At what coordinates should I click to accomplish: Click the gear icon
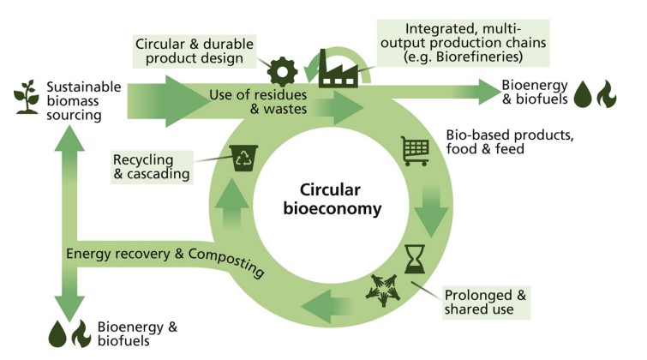point(282,71)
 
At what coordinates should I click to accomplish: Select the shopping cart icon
point(416,151)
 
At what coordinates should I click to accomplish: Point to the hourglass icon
point(415,259)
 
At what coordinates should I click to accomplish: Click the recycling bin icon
point(243,158)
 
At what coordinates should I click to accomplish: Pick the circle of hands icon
point(383,290)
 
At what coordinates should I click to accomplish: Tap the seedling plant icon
point(27,97)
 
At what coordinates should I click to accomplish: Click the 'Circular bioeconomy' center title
point(332,199)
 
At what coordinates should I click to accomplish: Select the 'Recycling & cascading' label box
point(152,167)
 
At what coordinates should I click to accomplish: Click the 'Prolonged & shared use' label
point(485,303)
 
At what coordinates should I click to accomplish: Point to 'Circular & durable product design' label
point(195,51)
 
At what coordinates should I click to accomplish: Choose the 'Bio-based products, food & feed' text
point(510,141)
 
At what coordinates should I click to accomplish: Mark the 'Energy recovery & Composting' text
point(165,258)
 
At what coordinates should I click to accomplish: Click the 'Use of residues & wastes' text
point(258,101)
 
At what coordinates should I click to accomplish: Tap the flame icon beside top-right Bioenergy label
point(607,94)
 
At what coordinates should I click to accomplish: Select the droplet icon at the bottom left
point(57,334)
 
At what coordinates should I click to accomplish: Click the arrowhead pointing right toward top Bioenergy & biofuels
point(489,92)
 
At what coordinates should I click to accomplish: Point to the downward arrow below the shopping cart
point(431,212)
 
